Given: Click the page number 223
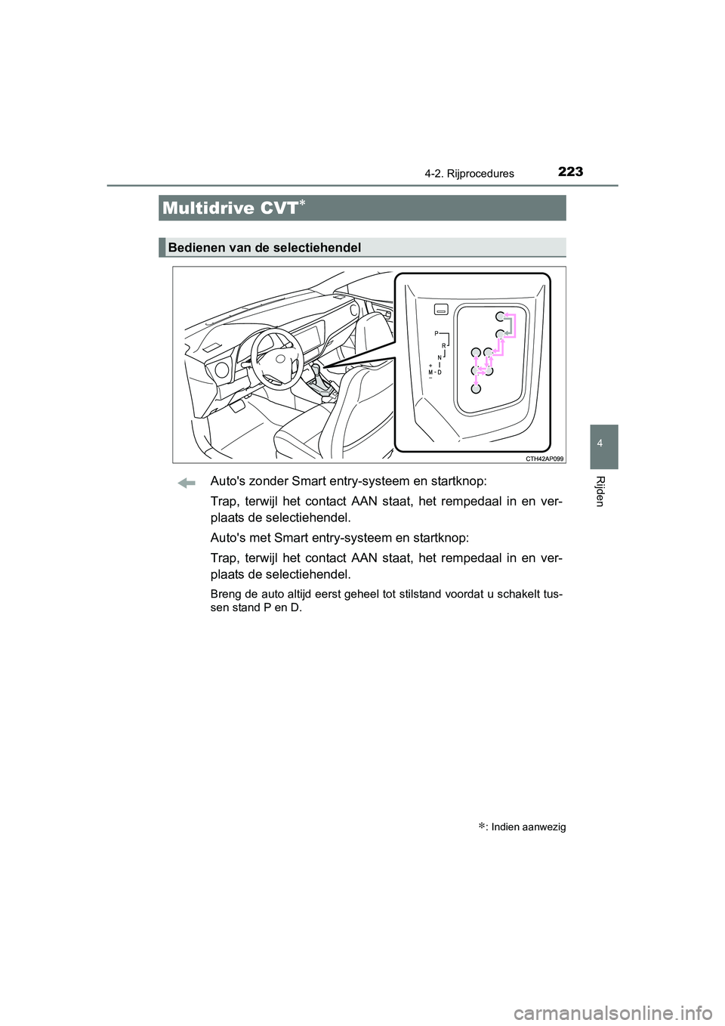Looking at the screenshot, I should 570,172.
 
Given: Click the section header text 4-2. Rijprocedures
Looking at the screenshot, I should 469,174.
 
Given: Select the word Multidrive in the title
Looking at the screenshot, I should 208,209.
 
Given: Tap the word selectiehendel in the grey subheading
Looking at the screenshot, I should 320,248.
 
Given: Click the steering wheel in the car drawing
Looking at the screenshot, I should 277,360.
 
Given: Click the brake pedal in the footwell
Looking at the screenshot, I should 236,406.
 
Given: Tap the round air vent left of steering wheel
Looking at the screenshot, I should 221,370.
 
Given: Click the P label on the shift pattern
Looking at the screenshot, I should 436,333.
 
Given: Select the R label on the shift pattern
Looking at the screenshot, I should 443,345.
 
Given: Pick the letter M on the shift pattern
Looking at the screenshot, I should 430,372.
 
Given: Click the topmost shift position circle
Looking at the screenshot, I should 500,317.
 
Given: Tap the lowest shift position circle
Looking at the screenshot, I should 476,388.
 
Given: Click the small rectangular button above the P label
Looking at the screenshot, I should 442,309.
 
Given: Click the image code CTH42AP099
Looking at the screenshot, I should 545,459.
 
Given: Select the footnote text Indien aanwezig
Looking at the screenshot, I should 528,827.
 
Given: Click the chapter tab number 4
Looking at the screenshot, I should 600,443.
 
